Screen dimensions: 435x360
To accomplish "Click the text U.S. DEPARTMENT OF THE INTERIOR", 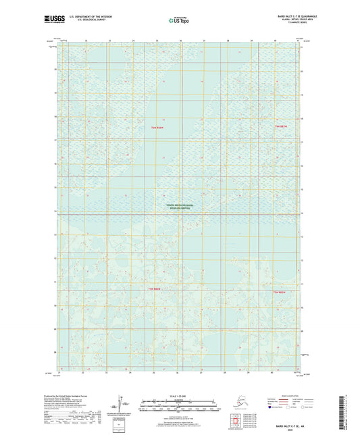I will [85, 16].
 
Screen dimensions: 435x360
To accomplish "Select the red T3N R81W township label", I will [279, 292].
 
